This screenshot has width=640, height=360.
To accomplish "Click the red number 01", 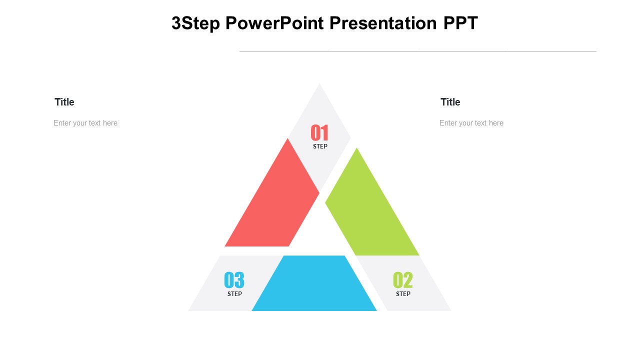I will (319, 133).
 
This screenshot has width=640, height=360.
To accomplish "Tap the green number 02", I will (403, 280).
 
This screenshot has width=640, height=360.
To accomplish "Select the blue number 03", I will (234, 280).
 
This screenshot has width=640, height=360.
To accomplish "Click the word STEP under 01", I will (320, 146).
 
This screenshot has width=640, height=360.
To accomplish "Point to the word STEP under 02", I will (403, 294).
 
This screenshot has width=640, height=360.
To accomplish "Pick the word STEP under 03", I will (234, 294).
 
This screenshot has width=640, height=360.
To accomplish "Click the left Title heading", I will (64, 102).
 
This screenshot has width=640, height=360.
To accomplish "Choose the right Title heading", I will (450, 102).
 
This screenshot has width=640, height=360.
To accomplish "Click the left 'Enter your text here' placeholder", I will (85, 123).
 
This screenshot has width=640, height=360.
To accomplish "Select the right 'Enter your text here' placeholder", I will (471, 123).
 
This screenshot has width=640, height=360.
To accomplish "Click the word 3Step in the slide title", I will (196, 23).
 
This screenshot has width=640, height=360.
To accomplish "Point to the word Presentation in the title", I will (382, 23).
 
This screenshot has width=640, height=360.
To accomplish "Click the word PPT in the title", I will (460, 23).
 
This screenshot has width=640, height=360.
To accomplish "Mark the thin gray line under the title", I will (417, 51).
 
